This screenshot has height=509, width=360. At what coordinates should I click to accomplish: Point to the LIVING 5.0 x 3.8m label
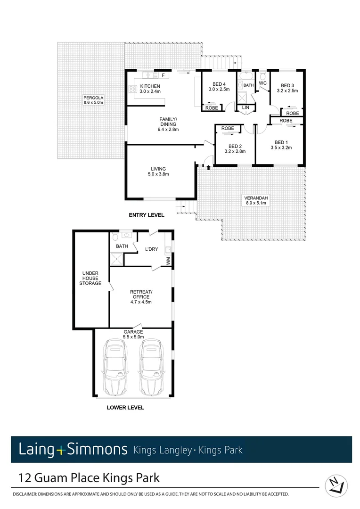[x=158, y=171]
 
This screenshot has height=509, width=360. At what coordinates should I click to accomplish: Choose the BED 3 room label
[x=287, y=88]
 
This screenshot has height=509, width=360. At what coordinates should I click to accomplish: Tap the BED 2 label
[x=234, y=149]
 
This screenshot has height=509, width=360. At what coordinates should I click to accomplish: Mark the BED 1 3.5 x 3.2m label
[x=280, y=145]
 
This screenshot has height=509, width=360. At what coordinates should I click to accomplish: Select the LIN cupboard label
[x=245, y=108]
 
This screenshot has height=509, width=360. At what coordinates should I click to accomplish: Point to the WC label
[x=263, y=83]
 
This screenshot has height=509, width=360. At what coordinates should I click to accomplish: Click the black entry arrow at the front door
[x=207, y=167]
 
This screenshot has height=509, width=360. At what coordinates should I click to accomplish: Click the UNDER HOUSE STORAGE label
[x=90, y=278]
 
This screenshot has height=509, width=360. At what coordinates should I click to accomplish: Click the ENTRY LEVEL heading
[x=147, y=215]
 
